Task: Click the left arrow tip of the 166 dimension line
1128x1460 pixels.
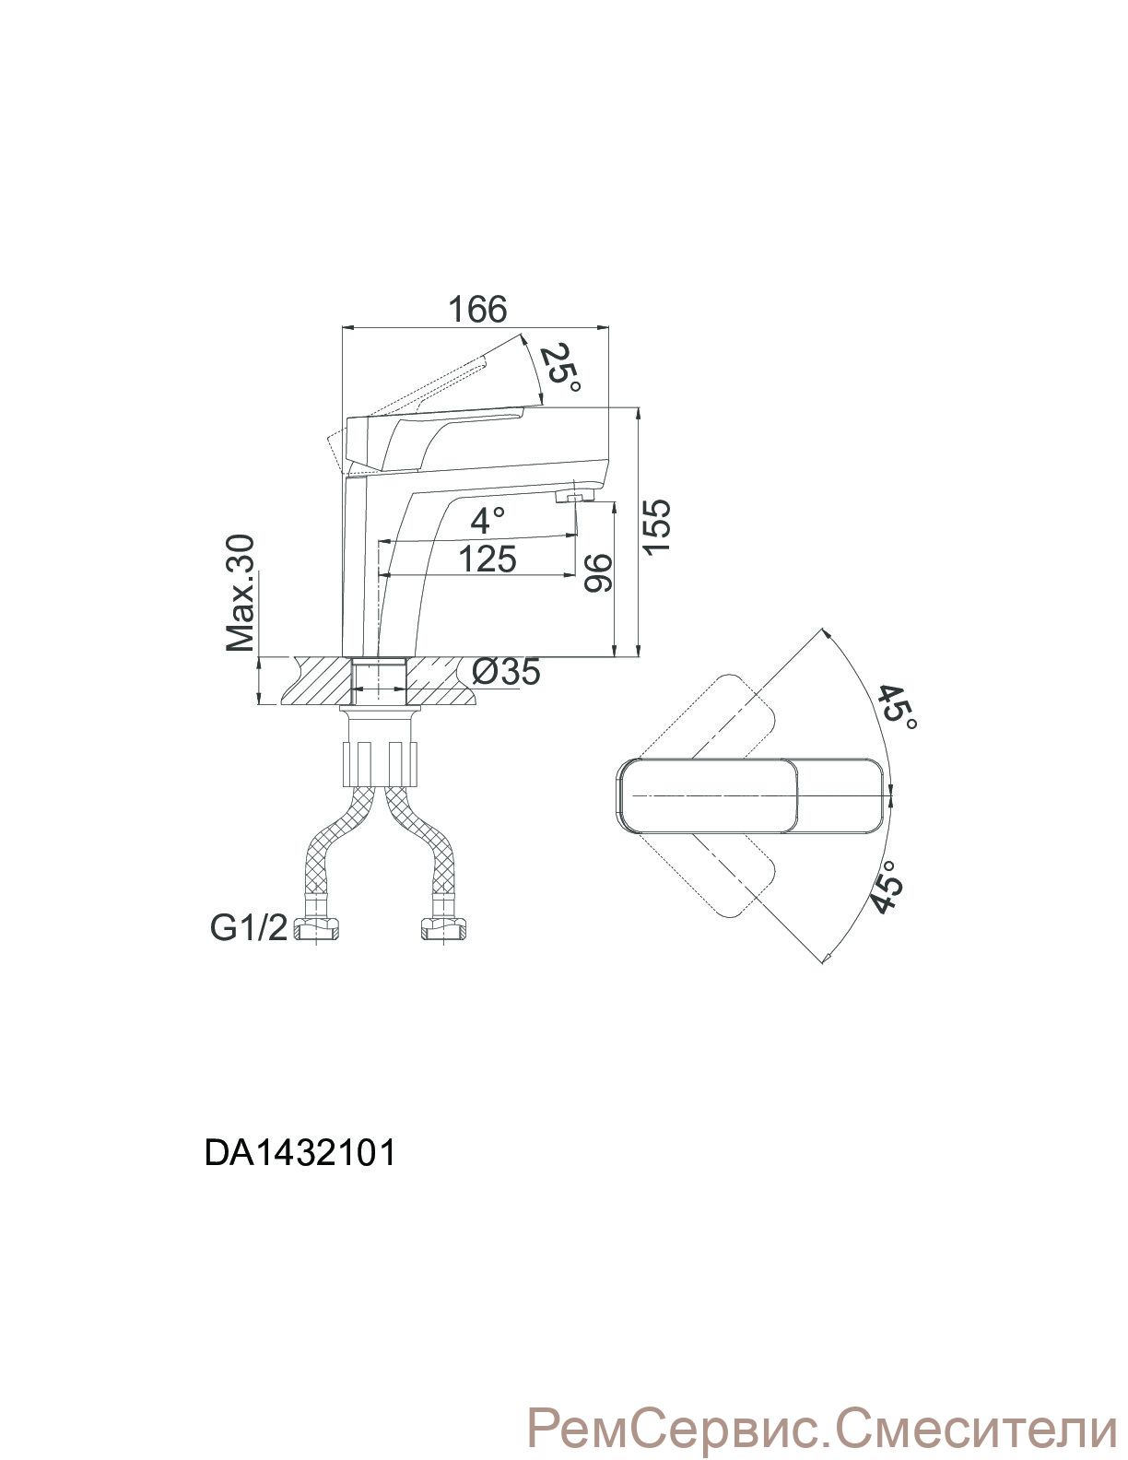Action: point(344,328)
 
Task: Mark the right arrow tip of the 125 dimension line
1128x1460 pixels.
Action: point(576,575)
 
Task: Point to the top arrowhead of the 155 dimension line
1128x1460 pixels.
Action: point(637,407)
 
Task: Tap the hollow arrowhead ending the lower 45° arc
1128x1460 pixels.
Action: point(830,958)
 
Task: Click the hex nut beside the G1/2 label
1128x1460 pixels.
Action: point(317,931)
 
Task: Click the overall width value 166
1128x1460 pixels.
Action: point(477,309)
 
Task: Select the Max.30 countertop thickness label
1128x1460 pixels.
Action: point(241,593)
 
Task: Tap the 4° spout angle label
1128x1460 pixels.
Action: point(488,521)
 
